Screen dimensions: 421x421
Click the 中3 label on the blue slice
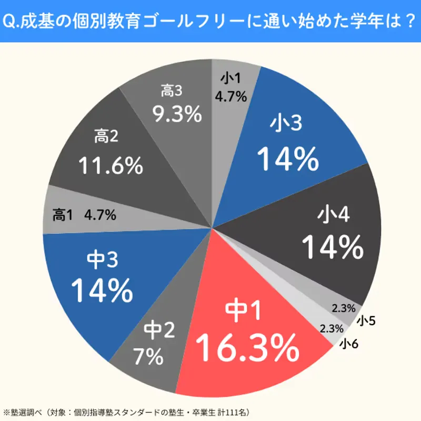[101, 259]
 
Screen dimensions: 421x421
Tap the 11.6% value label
[111, 166]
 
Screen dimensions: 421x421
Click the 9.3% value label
[169, 114]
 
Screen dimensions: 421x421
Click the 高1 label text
[63, 215]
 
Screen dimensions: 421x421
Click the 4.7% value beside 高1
[101, 215]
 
